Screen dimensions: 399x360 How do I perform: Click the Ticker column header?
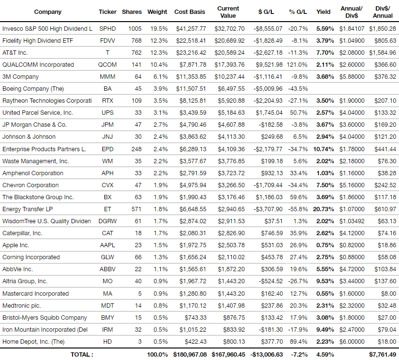(108, 12)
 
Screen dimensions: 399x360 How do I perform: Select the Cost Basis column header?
(190, 12)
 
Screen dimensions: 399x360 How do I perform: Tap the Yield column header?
(323, 12)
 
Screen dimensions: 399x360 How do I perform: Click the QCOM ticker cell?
(108, 65)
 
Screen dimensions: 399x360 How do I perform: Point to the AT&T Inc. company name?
(15, 53)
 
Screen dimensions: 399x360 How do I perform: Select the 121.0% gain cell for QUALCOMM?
(297, 65)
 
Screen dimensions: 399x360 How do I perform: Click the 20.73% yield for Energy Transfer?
(324, 209)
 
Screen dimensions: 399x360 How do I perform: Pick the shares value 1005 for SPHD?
(135, 29)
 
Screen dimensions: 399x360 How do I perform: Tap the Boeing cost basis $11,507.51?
(191, 89)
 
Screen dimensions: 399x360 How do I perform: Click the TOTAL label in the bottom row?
(82, 354)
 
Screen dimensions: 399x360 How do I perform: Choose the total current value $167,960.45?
(228, 354)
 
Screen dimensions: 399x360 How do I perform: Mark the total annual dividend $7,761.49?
(383, 354)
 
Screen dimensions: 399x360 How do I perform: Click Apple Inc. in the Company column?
(16, 245)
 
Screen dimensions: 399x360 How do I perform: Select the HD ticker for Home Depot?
(108, 342)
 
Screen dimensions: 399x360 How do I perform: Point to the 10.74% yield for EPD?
(324, 149)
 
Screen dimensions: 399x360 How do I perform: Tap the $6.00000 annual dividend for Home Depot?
(351, 342)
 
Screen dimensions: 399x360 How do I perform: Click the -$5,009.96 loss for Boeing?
(268, 89)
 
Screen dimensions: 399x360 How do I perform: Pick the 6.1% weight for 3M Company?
(160, 77)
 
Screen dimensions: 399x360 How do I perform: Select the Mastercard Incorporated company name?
(36, 294)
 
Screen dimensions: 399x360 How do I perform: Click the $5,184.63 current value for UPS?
(231, 113)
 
